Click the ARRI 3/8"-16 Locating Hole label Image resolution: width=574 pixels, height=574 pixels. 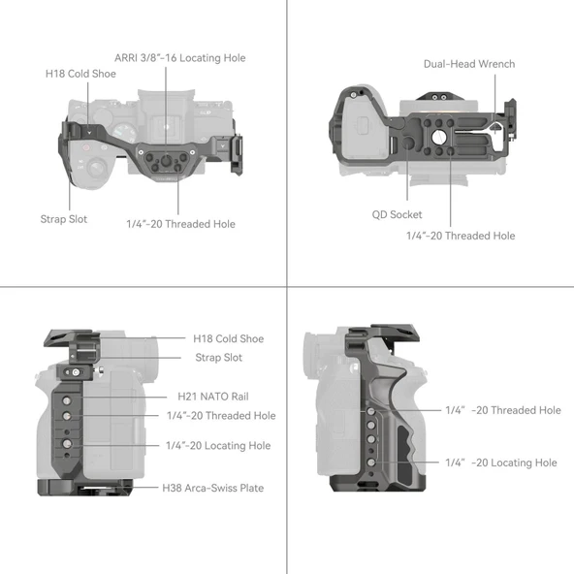point(180,58)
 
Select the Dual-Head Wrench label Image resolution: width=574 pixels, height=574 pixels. point(469,64)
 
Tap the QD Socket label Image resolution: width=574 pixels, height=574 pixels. point(398,214)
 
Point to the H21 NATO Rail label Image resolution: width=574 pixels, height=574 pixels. point(213,397)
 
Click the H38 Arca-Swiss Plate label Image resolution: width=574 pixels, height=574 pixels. point(213,488)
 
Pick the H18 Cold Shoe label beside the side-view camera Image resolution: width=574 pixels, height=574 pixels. point(228,338)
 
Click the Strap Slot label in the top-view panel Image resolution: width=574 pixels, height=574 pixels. point(64,219)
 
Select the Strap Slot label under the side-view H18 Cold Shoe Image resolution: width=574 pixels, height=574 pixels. point(219,358)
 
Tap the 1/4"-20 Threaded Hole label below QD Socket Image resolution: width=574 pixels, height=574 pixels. point(461,236)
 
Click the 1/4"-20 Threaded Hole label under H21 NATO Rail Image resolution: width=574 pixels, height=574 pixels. point(221,415)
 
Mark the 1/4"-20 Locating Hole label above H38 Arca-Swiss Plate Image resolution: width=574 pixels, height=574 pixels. point(218,446)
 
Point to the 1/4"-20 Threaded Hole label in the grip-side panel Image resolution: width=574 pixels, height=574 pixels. point(503,410)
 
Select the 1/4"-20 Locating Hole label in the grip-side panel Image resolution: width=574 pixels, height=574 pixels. point(501,462)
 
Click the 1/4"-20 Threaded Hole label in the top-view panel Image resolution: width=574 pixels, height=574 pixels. point(180,224)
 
